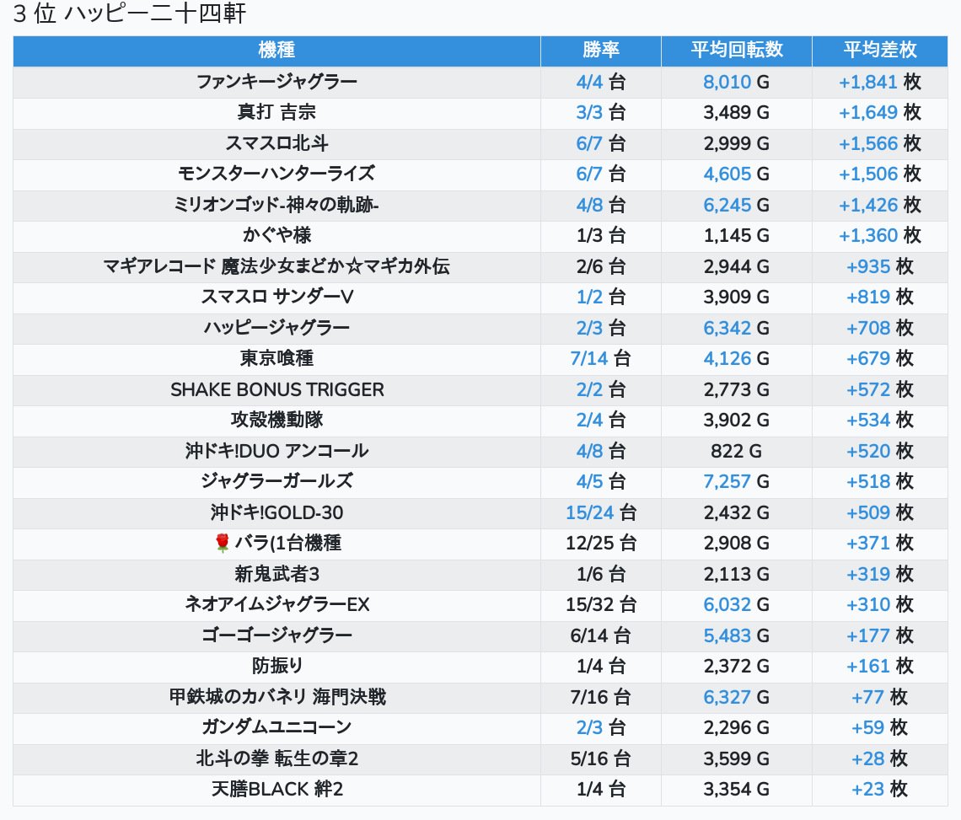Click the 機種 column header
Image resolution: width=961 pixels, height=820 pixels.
click(276, 51)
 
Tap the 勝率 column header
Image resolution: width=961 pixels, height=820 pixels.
click(600, 51)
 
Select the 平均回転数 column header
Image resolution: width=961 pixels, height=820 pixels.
click(737, 51)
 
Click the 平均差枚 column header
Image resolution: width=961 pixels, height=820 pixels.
click(879, 51)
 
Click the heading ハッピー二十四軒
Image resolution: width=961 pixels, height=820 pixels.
click(155, 13)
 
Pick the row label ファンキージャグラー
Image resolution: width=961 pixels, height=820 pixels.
click(276, 82)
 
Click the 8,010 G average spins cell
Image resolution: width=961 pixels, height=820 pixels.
click(736, 82)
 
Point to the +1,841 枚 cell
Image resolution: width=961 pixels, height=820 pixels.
click(879, 82)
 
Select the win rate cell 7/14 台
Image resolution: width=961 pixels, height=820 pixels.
click(600, 358)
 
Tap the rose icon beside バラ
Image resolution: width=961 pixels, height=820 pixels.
click(222, 543)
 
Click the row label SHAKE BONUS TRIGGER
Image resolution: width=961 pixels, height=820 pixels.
click(277, 390)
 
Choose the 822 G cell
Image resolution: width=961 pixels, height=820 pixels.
click(736, 451)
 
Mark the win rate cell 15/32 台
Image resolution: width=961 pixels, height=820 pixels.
click(600, 605)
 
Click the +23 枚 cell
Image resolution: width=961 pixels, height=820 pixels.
click(879, 790)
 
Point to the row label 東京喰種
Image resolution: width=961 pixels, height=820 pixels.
click(276, 358)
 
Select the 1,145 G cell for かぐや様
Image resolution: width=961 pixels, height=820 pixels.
click(736, 236)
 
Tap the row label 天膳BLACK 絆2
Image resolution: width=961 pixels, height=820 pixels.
click(277, 790)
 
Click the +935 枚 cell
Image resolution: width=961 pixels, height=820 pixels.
click(879, 266)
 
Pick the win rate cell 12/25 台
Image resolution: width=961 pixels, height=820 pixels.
click(600, 543)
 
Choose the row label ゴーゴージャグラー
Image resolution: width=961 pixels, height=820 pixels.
click(276, 635)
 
